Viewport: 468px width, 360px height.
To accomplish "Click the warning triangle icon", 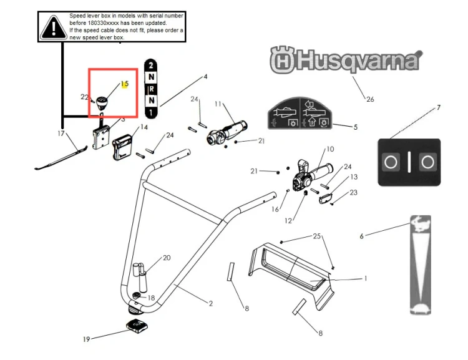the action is [54, 27].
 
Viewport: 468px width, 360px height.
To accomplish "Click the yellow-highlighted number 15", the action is [125, 84].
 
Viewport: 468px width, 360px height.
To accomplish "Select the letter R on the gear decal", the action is [152, 89].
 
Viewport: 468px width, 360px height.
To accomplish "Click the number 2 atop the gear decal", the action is [151, 65].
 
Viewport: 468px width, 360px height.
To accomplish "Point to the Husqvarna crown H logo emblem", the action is [282, 60].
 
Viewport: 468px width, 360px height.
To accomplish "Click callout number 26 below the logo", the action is [370, 99].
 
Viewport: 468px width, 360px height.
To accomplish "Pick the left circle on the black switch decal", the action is [391, 162].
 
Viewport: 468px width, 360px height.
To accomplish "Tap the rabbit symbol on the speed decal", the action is [421, 223].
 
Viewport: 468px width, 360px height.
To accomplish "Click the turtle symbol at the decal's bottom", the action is [421, 308].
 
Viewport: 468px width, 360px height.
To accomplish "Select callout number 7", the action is [438, 107].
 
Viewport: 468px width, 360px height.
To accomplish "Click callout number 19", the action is [86, 339].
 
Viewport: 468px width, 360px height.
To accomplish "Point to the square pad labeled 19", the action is [137, 326].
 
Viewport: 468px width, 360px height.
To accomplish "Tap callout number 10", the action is [330, 149].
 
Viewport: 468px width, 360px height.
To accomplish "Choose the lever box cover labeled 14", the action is [122, 147].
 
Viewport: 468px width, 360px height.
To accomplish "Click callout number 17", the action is [61, 134].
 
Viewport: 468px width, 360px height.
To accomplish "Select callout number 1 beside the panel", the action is [366, 278].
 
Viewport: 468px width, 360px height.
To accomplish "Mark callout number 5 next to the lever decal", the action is [356, 127].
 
